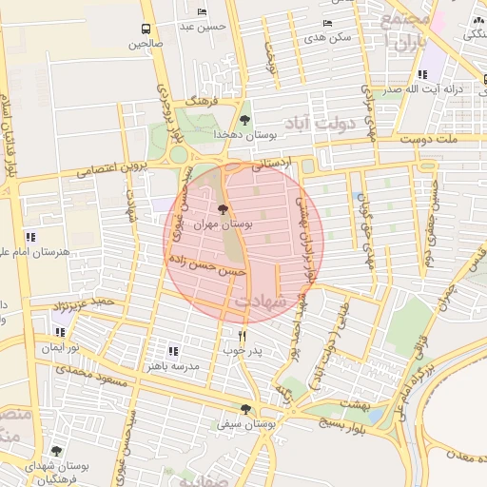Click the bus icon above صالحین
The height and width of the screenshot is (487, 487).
coord(146,29)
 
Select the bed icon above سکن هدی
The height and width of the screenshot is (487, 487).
coord(328,23)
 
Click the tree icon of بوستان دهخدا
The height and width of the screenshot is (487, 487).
coord(245,120)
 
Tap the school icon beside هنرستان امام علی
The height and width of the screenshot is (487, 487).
coord(30,236)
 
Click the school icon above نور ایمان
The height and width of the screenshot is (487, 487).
coord(60,333)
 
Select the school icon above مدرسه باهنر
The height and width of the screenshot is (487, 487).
coord(172,350)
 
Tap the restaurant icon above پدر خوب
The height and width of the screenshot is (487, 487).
coord(242,335)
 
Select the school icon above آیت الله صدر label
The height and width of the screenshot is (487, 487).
coord(422,73)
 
